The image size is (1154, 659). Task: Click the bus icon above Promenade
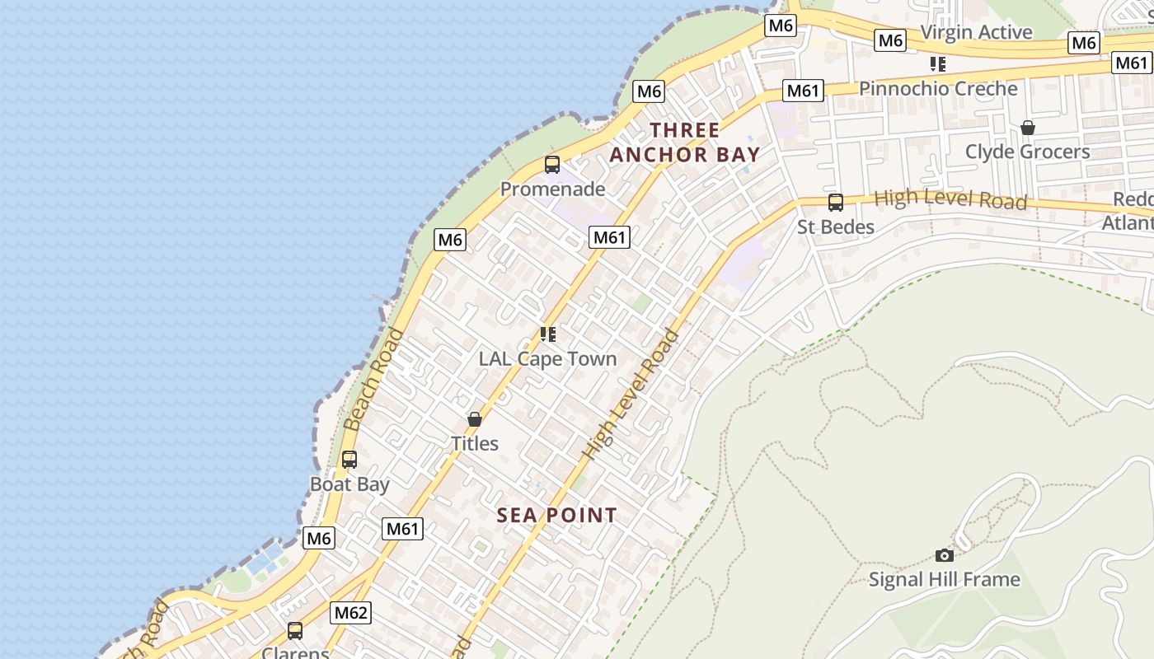click(552, 165)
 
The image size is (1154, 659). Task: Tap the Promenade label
click(552, 189)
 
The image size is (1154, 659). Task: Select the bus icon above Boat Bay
click(349, 460)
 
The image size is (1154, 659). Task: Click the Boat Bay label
click(349, 484)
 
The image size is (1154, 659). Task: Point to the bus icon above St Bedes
click(835, 203)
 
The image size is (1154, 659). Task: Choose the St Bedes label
click(835, 227)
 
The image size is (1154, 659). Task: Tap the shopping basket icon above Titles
click(475, 419)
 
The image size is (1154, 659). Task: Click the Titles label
click(475, 443)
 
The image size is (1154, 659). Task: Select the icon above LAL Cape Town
click(548, 334)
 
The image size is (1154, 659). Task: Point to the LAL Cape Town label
click(548, 358)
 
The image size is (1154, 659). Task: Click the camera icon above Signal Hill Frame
click(945, 556)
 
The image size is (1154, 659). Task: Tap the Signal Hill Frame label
click(945, 580)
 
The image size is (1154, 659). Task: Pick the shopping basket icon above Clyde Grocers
click(1027, 128)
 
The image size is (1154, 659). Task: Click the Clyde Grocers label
click(1027, 152)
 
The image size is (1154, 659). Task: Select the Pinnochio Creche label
click(938, 88)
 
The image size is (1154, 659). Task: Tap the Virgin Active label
click(976, 32)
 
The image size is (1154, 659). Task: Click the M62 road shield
click(351, 613)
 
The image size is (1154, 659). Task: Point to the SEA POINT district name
click(557, 516)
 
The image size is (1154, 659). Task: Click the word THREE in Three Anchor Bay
click(685, 130)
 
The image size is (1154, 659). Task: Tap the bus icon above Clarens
click(295, 632)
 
